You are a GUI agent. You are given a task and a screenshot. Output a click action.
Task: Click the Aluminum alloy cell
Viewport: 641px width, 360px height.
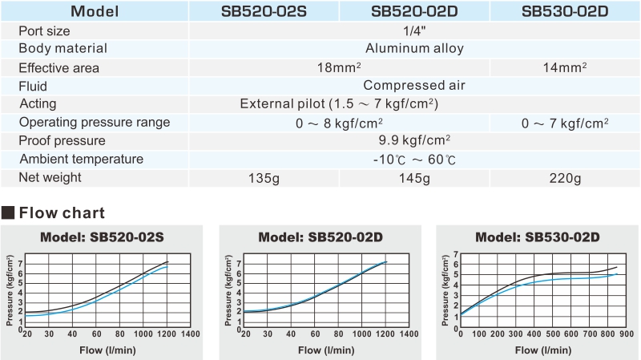pyautogui.click(x=414, y=49)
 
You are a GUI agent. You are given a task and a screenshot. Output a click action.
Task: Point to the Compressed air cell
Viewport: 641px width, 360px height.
pyautogui.click(x=414, y=86)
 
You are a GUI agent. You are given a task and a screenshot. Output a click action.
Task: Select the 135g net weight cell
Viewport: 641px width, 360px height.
pyautogui.click(x=264, y=177)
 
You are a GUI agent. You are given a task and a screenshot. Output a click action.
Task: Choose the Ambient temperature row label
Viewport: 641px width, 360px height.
pyautogui.click(x=81, y=159)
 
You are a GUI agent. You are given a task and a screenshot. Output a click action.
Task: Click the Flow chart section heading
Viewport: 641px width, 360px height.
pyautogui.click(x=62, y=213)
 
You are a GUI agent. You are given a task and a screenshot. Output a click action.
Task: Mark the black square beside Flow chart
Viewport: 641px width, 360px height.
pyautogui.click(x=9, y=213)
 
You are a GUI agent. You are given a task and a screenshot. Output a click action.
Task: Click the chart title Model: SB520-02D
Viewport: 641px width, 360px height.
pyautogui.click(x=320, y=237)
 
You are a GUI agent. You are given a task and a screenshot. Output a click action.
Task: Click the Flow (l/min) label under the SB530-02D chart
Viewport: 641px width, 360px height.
pyautogui.click(x=535, y=350)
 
